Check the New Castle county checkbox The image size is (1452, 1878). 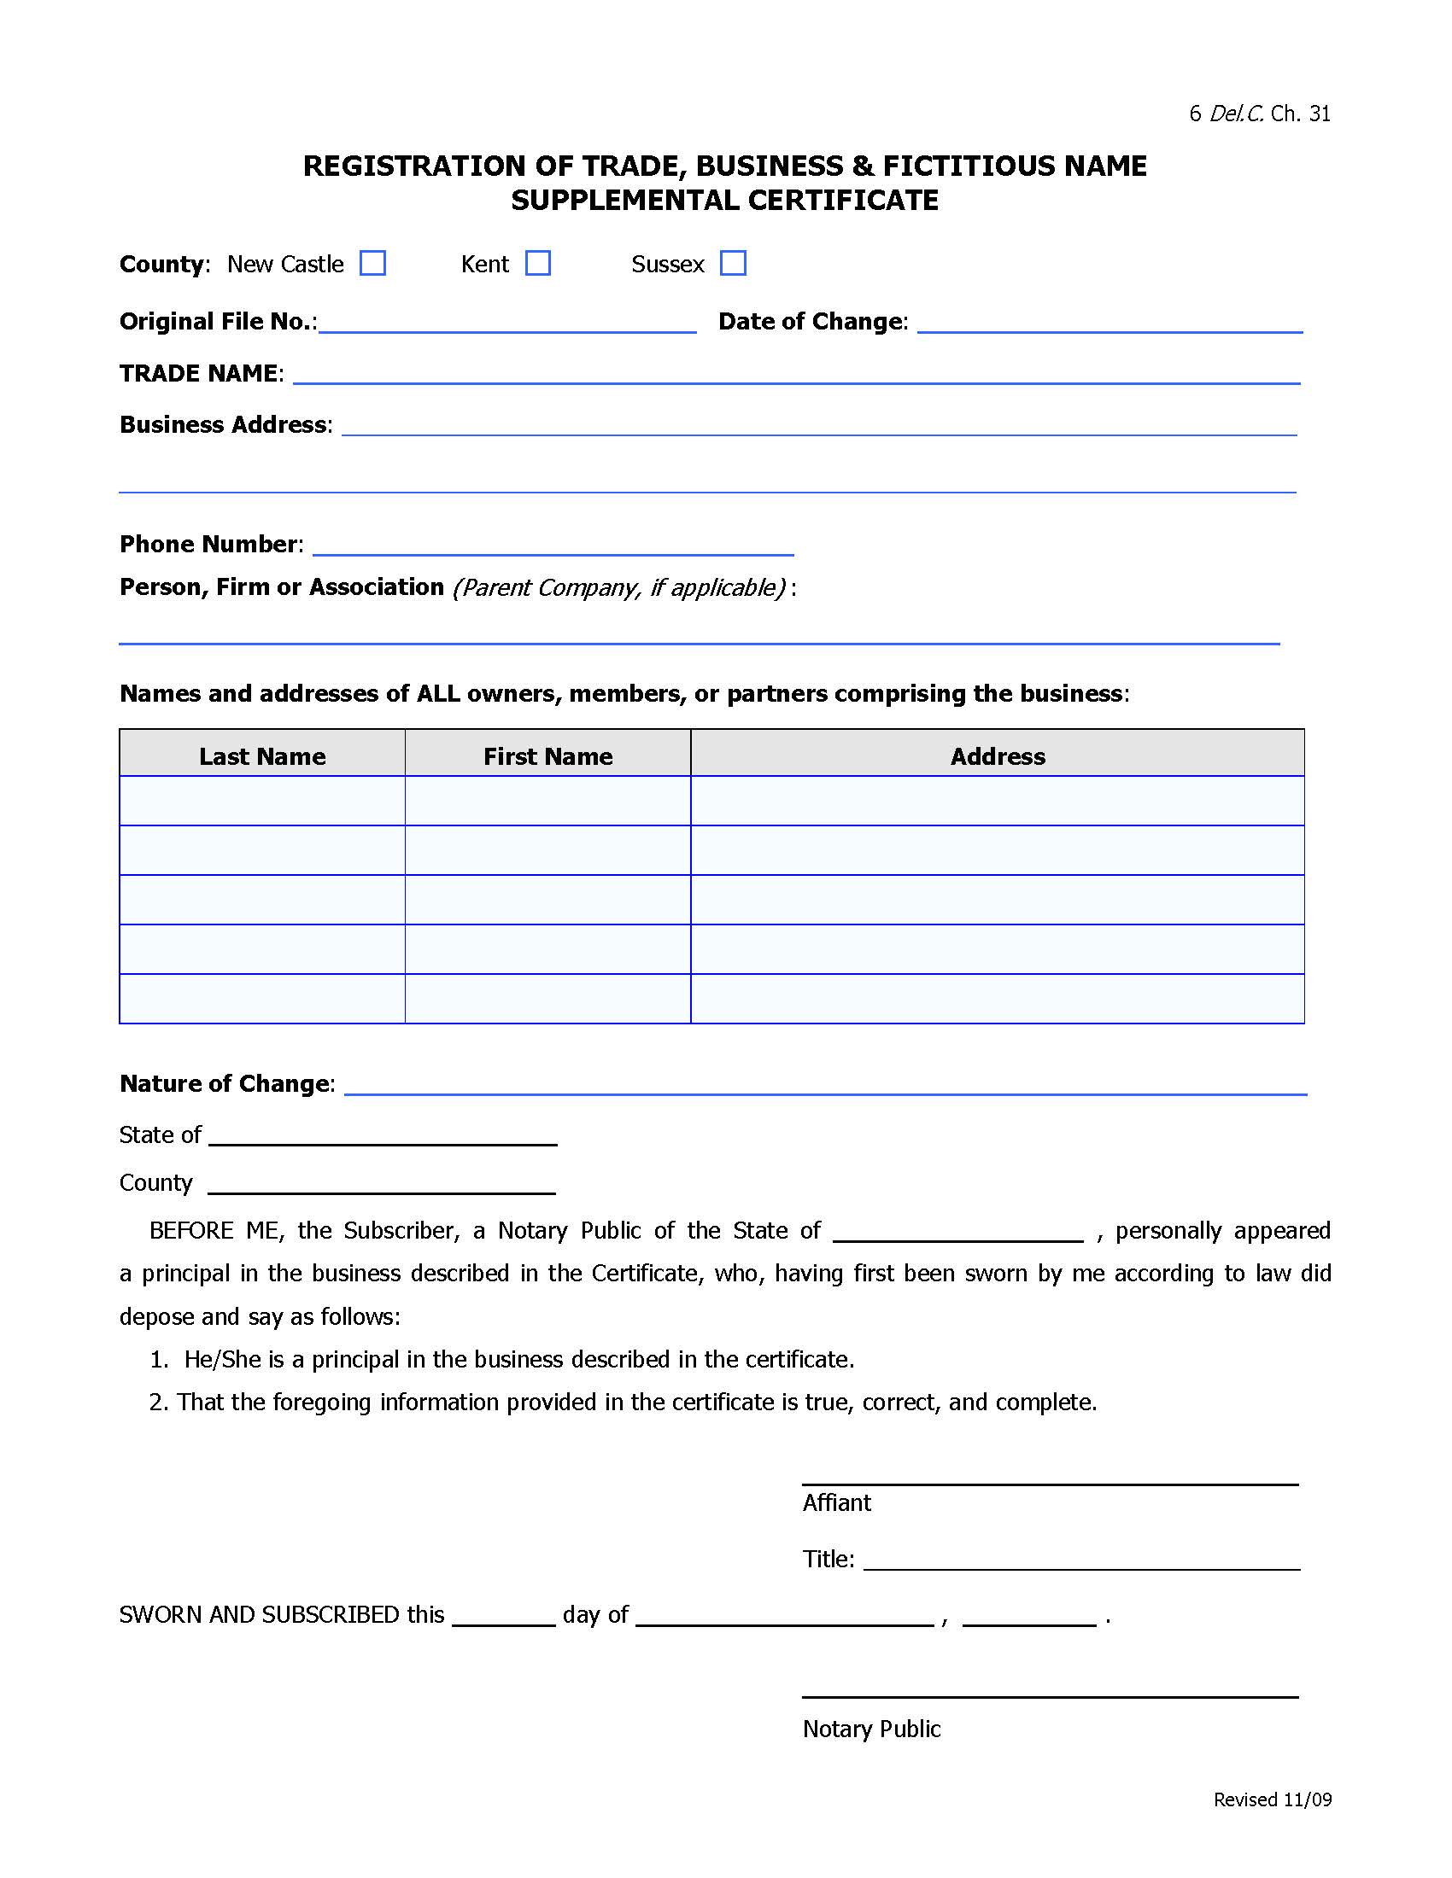[372, 263]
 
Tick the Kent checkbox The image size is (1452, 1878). [537, 263]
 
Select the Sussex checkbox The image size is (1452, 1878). [733, 263]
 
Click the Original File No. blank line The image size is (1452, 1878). [507, 324]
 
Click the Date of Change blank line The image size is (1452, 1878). [1109, 324]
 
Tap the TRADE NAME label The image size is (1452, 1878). [199, 373]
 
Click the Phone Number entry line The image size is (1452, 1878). [553, 546]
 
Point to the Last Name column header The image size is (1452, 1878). [262, 755]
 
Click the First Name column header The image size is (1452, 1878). [548, 755]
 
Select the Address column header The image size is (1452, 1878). [998, 755]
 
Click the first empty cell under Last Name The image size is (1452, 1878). [262, 801]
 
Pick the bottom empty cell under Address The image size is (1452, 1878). [998, 999]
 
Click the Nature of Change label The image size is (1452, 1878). [225, 1083]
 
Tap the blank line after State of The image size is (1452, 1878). [383, 1136]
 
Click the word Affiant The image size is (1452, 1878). [837, 1502]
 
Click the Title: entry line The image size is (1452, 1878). [1081, 1560]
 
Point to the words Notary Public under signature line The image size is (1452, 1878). [871, 1729]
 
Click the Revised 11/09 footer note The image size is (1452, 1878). [1273, 1799]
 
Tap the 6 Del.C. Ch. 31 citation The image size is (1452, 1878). [1259, 114]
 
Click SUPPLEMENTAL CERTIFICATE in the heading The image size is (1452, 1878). [724, 201]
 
